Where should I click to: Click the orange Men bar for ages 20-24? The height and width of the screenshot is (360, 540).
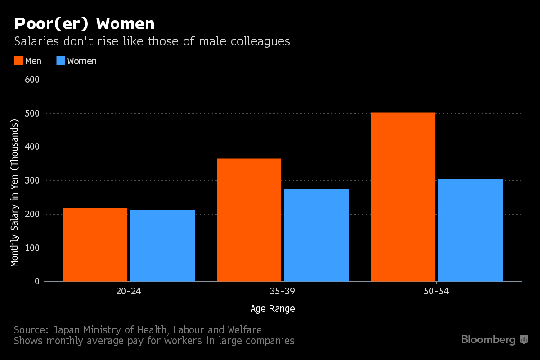tap(95, 245)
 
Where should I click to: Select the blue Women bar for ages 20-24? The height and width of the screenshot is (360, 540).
tap(162, 246)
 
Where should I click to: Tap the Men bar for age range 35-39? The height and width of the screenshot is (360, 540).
tap(249, 220)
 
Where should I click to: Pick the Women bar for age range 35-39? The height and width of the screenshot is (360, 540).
tap(316, 235)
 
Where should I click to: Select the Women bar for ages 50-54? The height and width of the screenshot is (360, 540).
tap(470, 230)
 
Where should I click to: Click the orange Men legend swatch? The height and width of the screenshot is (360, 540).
tap(18, 61)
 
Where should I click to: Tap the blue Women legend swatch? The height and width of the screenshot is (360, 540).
tap(61, 61)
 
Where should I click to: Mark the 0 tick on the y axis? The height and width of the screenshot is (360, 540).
tap(37, 282)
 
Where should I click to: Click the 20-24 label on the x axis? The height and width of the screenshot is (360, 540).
tap(129, 292)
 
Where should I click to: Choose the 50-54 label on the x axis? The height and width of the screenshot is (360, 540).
tap(436, 292)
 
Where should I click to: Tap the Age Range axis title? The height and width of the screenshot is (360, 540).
tap(273, 309)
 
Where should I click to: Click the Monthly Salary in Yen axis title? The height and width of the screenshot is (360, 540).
tap(15, 193)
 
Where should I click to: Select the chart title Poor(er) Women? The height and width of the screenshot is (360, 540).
tap(84, 23)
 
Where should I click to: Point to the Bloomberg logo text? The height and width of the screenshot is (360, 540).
tap(488, 340)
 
